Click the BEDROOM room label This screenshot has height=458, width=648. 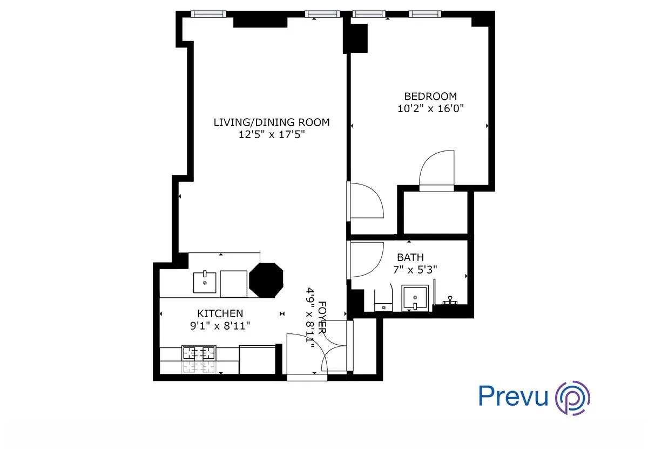(x=430, y=96)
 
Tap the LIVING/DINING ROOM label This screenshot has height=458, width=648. (x=271, y=122)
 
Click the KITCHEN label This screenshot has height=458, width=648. (x=220, y=313)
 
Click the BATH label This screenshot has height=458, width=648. (x=410, y=257)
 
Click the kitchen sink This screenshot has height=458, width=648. (x=205, y=282)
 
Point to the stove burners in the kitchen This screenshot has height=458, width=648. (x=199, y=353)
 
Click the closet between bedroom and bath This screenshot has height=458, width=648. (x=435, y=212)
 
